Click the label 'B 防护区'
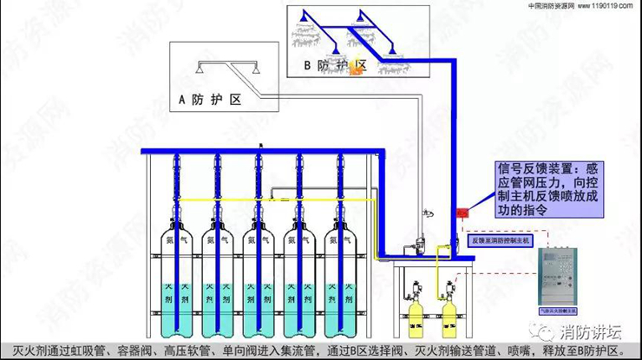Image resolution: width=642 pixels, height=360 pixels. [336, 65]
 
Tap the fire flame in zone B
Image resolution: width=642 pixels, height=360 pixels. [355, 73]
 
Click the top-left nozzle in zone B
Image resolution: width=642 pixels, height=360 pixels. [304, 16]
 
